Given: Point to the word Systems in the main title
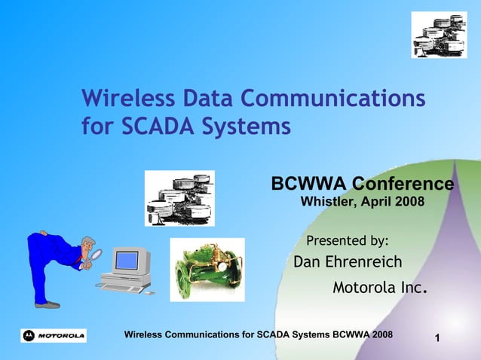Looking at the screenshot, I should (x=250, y=126).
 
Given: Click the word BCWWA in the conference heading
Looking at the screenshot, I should (x=308, y=185).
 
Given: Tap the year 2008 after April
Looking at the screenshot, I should (x=408, y=202).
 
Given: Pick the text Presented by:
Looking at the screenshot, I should (x=348, y=241).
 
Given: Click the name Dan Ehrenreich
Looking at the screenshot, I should (x=348, y=262).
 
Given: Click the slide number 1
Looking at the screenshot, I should (x=438, y=344).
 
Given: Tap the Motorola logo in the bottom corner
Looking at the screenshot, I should (x=54, y=335).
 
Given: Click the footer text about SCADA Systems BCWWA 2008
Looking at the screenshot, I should (x=257, y=334).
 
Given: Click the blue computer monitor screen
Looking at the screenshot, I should (x=126, y=261).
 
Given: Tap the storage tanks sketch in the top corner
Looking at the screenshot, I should (x=439, y=35).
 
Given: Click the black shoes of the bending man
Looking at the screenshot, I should (x=47, y=304).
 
